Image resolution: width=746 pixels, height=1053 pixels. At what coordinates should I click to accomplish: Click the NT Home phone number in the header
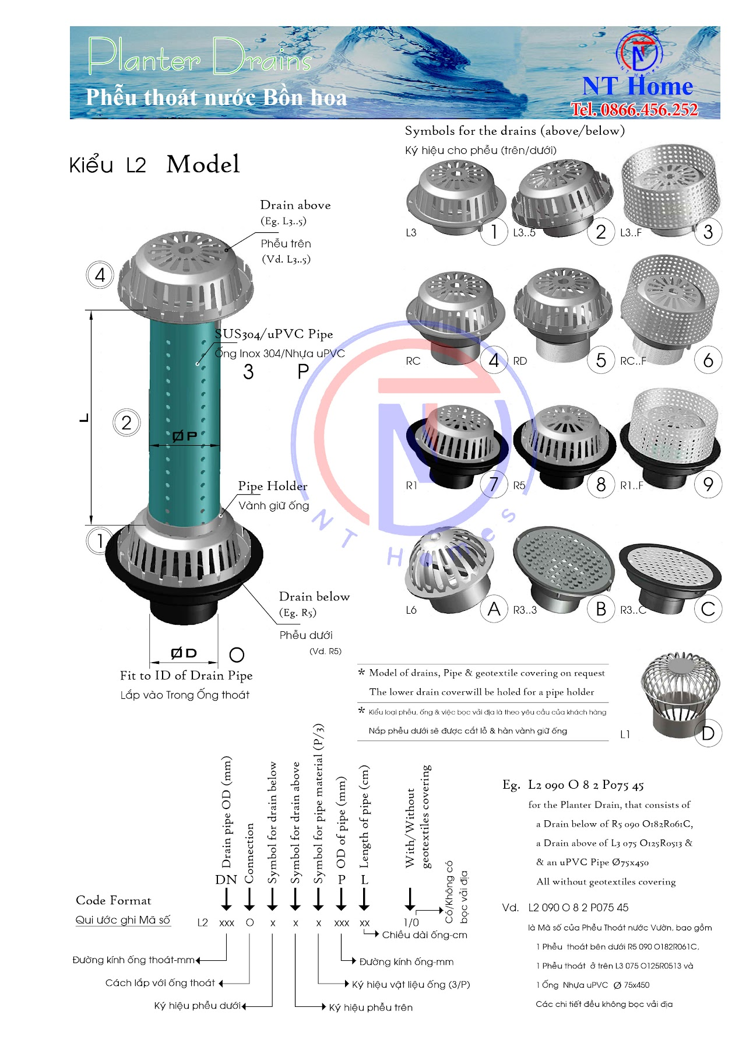point(634,110)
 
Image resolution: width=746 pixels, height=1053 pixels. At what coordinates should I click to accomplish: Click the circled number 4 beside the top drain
point(100,274)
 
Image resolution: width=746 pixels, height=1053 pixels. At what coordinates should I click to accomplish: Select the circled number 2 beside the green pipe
point(126,422)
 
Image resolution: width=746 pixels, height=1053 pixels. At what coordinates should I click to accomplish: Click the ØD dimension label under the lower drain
point(184,653)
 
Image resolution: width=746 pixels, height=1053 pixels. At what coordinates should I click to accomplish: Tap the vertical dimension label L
point(85,418)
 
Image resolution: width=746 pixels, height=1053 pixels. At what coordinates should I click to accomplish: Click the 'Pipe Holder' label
point(272,486)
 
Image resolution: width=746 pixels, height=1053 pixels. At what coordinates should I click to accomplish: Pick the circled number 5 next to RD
point(601,361)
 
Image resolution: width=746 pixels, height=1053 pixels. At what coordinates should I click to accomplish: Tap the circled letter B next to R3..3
point(601,609)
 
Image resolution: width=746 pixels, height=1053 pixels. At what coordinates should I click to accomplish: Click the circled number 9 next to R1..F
point(708,485)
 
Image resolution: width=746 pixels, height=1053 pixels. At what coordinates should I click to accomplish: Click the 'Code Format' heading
point(113,900)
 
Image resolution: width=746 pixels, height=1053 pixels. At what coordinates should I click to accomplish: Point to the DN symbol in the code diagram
point(226,880)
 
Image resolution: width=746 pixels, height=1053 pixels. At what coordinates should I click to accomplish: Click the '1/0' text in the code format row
point(411,923)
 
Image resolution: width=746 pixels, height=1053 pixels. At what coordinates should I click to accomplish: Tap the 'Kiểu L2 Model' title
point(154,165)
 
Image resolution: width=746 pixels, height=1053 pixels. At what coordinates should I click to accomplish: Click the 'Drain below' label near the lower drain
point(314,597)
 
